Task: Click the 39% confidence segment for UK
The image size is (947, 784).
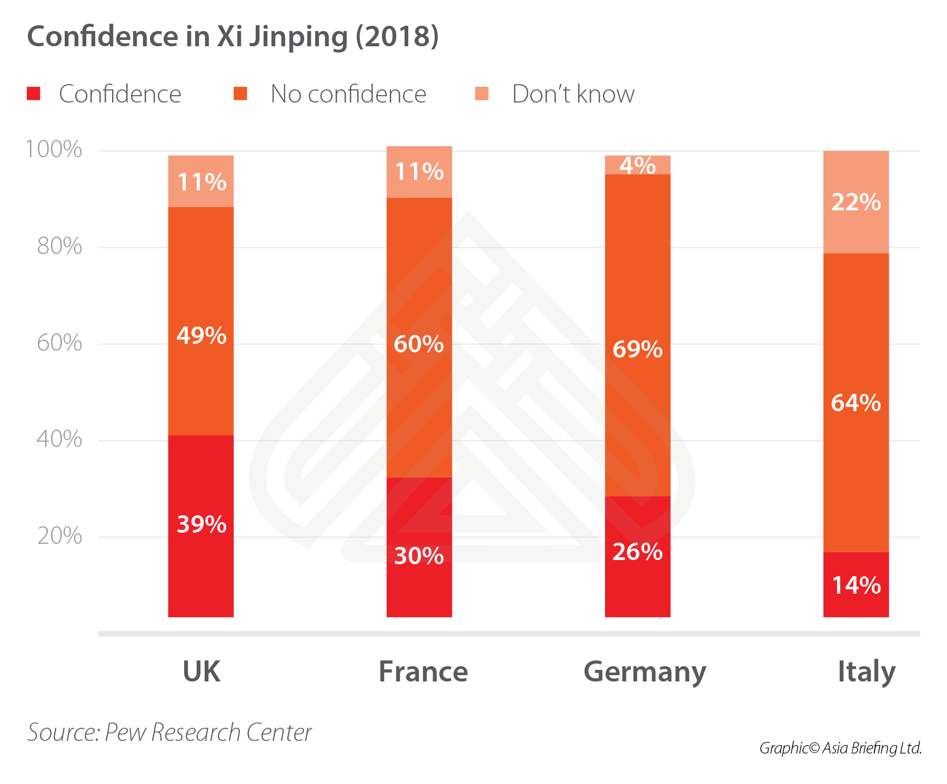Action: tap(200, 526)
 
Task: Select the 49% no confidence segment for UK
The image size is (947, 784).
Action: tap(200, 321)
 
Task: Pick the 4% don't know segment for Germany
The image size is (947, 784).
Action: tap(637, 165)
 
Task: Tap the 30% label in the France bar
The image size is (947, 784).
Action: tap(419, 556)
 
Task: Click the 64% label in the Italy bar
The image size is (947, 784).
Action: tap(855, 403)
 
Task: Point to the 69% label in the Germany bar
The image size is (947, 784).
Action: tap(637, 350)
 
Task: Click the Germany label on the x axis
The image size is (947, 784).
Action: tap(644, 673)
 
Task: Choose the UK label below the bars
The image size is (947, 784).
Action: tap(201, 671)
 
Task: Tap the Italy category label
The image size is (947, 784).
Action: tap(866, 671)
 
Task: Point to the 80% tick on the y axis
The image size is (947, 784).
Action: tap(59, 246)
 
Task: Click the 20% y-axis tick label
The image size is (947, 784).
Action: tap(59, 536)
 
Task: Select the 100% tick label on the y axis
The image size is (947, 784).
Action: tap(54, 149)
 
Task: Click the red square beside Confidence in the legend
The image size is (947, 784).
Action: tap(34, 94)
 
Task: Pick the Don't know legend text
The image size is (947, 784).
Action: tap(573, 94)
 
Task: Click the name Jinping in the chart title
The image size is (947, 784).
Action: tap(298, 37)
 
